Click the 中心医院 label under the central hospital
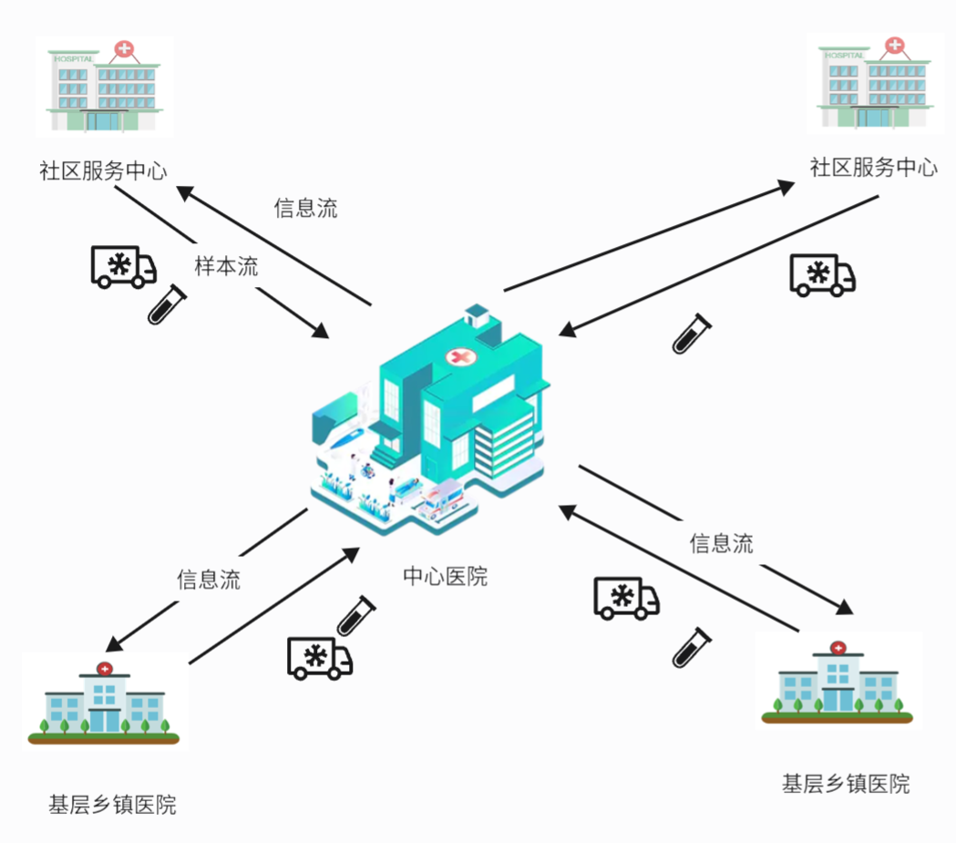[445, 577]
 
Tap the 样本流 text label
[226, 267]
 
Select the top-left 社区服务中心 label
[103, 170]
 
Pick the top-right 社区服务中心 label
[873, 168]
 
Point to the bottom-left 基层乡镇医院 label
[112, 805]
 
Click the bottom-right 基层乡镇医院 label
[846, 784]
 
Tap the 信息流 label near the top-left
[305, 208]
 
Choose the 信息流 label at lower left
[209, 580]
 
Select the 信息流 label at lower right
[721, 544]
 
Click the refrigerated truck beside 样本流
[123, 267]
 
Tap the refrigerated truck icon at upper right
[822, 274]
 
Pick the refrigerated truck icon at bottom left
[320, 657]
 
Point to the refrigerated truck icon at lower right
[626, 598]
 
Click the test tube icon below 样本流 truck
[167, 304]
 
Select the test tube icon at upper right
[690, 334]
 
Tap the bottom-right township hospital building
[838, 681]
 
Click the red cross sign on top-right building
[895, 45]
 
